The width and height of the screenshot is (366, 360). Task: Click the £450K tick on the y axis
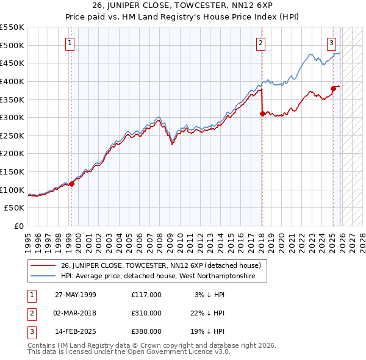[x=12, y=63]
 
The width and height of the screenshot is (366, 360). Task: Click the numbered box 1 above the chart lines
[x=71, y=43]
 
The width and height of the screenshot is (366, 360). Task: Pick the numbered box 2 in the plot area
[x=260, y=43]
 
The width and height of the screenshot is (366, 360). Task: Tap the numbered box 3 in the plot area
[x=331, y=43]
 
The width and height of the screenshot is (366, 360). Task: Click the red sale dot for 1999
[x=71, y=183]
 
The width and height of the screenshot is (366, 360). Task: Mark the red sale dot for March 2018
[x=262, y=113]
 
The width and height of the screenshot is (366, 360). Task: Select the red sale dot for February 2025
[x=333, y=88]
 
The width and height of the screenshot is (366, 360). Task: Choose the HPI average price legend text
[x=163, y=276]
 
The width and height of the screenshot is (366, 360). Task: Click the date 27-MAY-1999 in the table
[x=75, y=295]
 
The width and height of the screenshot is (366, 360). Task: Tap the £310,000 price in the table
[x=146, y=313]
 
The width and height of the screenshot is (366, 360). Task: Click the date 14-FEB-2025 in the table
[x=75, y=331]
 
